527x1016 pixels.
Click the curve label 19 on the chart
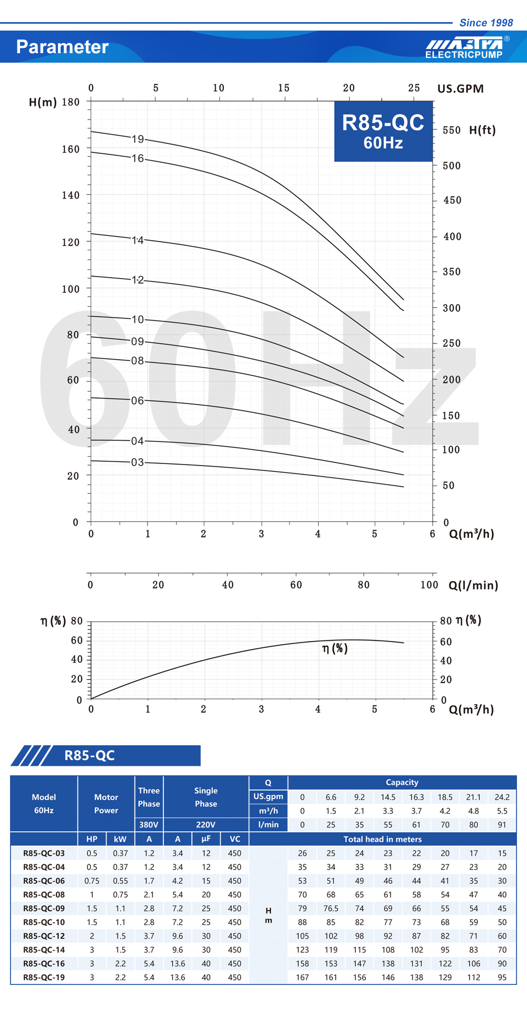point(138,139)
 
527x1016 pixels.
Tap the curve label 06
point(138,401)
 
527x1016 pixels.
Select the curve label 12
point(138,280)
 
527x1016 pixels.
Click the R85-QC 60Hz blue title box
point(383,131)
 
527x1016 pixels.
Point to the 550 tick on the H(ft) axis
point(452,130)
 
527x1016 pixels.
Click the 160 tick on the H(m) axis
point(71,149)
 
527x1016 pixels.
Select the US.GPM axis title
point(460,88)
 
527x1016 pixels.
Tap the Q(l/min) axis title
point(473,585)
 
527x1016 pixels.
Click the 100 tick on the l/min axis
point(429,585)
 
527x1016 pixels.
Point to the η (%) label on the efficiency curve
point(335,648)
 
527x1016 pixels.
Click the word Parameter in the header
point(62,47)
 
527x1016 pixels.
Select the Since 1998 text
point(486,23)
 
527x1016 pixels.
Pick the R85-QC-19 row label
point(44,977)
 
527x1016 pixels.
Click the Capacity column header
point(402,782)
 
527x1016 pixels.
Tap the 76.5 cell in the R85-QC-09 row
point(331,908)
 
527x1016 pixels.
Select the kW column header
point(120,839)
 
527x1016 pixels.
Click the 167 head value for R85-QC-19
point(302,977)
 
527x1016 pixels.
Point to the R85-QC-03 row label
point(44,853)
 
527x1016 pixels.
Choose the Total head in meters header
point(383,839)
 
